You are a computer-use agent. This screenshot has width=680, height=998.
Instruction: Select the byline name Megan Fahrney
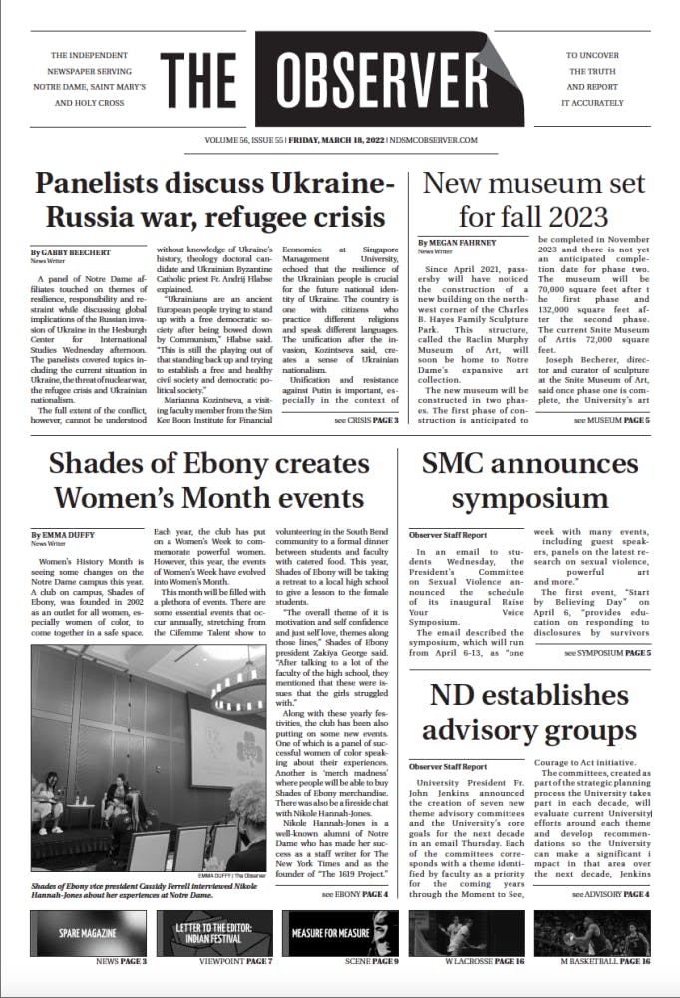[x=461, y=243]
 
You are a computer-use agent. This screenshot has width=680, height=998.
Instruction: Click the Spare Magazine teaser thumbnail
[x=88, y=932]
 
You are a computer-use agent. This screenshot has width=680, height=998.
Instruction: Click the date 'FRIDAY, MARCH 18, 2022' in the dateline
[x=328, y=141]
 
